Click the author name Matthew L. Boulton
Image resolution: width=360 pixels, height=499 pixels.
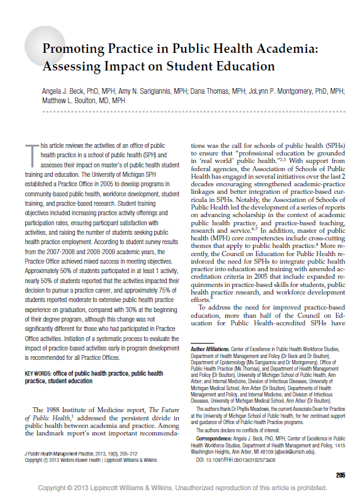67,100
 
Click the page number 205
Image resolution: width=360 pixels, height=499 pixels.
340,475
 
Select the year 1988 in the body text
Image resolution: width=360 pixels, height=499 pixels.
52,409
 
